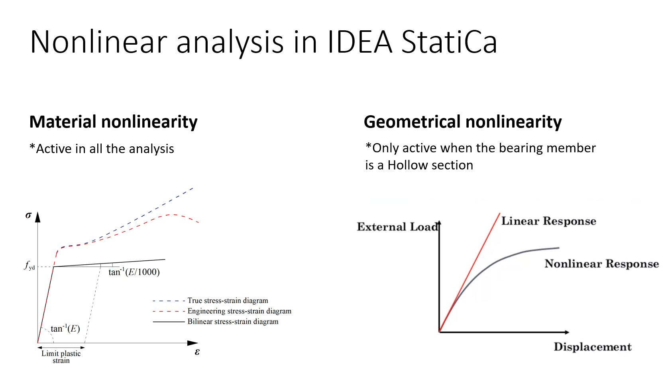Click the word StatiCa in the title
tap(449, 42)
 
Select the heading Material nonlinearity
tap(114, 122)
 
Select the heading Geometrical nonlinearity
tap(462, 122)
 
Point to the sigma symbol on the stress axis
tap(28, 215)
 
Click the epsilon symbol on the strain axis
tap(197, 352)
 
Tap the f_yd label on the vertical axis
tap(29, 266)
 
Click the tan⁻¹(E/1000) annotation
tap(134, 272)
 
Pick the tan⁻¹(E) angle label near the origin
tap(65, 329)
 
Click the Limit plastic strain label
tap(61, 356)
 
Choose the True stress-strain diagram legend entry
tap(228, 301)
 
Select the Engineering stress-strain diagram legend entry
tap(239, 311)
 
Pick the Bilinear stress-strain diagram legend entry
tap(233, 321)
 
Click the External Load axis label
tap(397, 227)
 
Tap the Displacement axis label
tap(592, 347)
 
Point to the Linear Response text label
tap(548, 221)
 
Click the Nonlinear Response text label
tap(601, 264)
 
